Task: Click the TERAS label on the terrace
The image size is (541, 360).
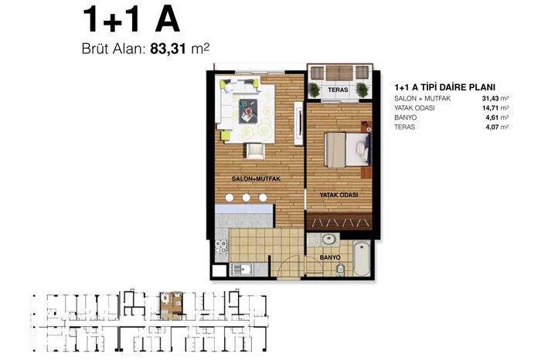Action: [338, 90]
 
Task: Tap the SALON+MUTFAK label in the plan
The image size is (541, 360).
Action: [256, 179]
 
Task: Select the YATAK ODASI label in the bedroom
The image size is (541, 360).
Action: [339, 195]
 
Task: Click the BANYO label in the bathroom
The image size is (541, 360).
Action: [330, 257]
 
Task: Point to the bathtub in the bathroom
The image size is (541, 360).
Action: [362, 259]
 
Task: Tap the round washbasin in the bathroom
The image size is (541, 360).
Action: [328, 239]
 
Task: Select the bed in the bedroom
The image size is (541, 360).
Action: [347, 150]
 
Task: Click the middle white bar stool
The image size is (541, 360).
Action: [246, 198]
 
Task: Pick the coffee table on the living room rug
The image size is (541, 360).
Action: [248, 111]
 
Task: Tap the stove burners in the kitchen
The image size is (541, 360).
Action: [221, 247]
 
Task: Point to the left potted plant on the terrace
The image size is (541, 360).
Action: [315, 90]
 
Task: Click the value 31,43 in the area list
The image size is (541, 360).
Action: [491, 99]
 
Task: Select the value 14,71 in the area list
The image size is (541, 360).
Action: [491, 108]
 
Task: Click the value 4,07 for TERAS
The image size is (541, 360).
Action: [492, 127]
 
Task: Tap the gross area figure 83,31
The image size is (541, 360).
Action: [168, 49]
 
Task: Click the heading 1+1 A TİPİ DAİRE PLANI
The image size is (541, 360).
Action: [444, 87]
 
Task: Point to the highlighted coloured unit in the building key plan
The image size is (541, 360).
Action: [171, 306]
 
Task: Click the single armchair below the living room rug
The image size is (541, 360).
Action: [255, 151]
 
